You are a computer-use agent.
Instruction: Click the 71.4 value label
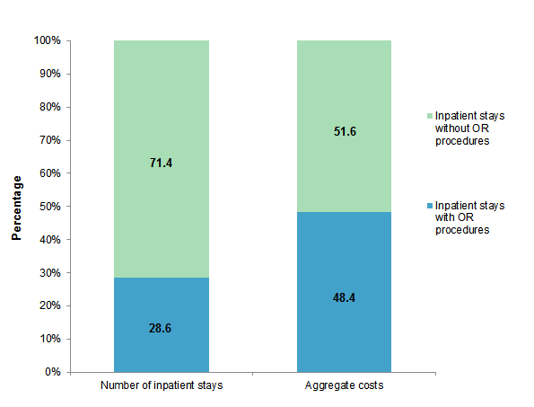tap(162, 164)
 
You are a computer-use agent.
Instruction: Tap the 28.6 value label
tap(162, 329)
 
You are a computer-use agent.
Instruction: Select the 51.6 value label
tap(344, 131)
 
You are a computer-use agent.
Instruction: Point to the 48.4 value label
tap(344, 296)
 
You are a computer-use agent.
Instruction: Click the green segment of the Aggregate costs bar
tap(344, 90)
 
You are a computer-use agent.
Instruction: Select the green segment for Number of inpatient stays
tap(162, 108)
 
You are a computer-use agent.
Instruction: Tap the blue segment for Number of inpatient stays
tap(162, 305)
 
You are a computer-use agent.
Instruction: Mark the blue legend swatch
tap(429, 206)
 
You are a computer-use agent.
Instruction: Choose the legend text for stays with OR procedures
tap(469, 217)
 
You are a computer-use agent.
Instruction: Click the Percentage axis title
tap(16, 207)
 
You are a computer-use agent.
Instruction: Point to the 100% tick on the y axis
tap(47, 40)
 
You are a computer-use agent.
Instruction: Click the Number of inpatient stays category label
tap(162, 386)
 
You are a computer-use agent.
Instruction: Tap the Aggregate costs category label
tap(344, 386)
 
